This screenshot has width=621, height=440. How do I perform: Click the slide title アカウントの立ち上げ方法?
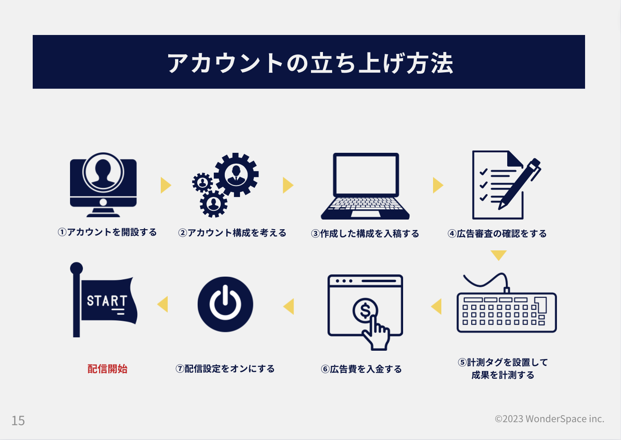[x=310, y=63]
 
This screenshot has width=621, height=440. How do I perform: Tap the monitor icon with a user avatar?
[x=103, y=184]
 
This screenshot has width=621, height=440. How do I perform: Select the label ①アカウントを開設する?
[x=107, y=232]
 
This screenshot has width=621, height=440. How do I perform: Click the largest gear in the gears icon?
[x=236, y=174]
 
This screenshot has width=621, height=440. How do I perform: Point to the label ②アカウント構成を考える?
[x=232, y=233]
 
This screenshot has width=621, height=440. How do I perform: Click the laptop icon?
[x=365, y=186]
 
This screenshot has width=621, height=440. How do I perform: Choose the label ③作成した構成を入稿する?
[x=365, y=234]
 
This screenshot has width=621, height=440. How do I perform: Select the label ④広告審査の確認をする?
[x=497, y=234]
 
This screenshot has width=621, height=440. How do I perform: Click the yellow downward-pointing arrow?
[x=498, y=255]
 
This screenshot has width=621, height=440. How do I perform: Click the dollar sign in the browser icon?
[x=365, y=311]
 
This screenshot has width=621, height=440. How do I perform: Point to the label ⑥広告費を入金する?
[x=361, y=369]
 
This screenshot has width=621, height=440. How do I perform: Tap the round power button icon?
[x=225, y=304]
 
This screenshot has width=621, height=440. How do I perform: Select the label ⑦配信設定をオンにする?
[x=225, y=369]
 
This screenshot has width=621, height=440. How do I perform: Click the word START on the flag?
[x=107, y=301]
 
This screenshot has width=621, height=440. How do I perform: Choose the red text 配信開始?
[x=107, y=369]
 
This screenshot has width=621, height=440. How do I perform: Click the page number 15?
[x=18, y=420]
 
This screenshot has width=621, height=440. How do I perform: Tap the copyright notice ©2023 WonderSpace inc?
[x=549, y=419]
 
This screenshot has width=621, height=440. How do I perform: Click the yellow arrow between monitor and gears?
[x=165, y=185]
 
